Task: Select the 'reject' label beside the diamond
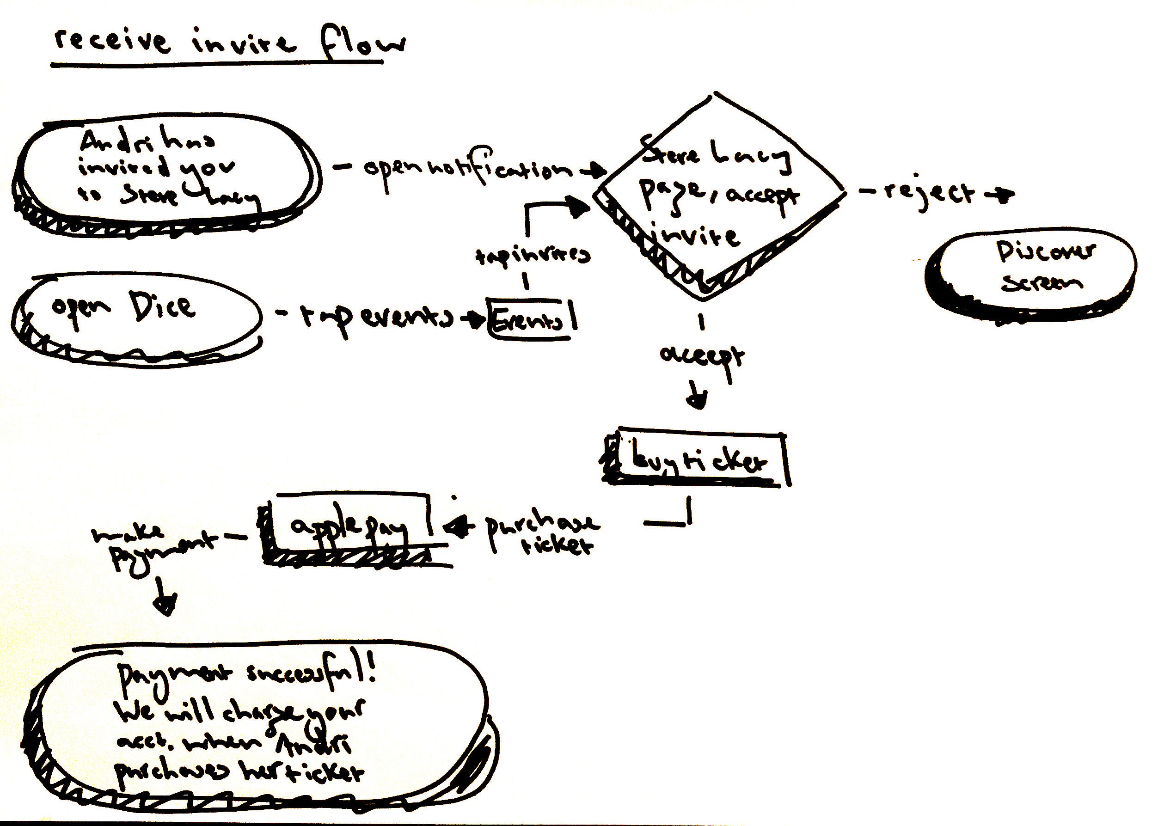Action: tap(929, 193)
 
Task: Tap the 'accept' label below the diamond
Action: tap(702, 356)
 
